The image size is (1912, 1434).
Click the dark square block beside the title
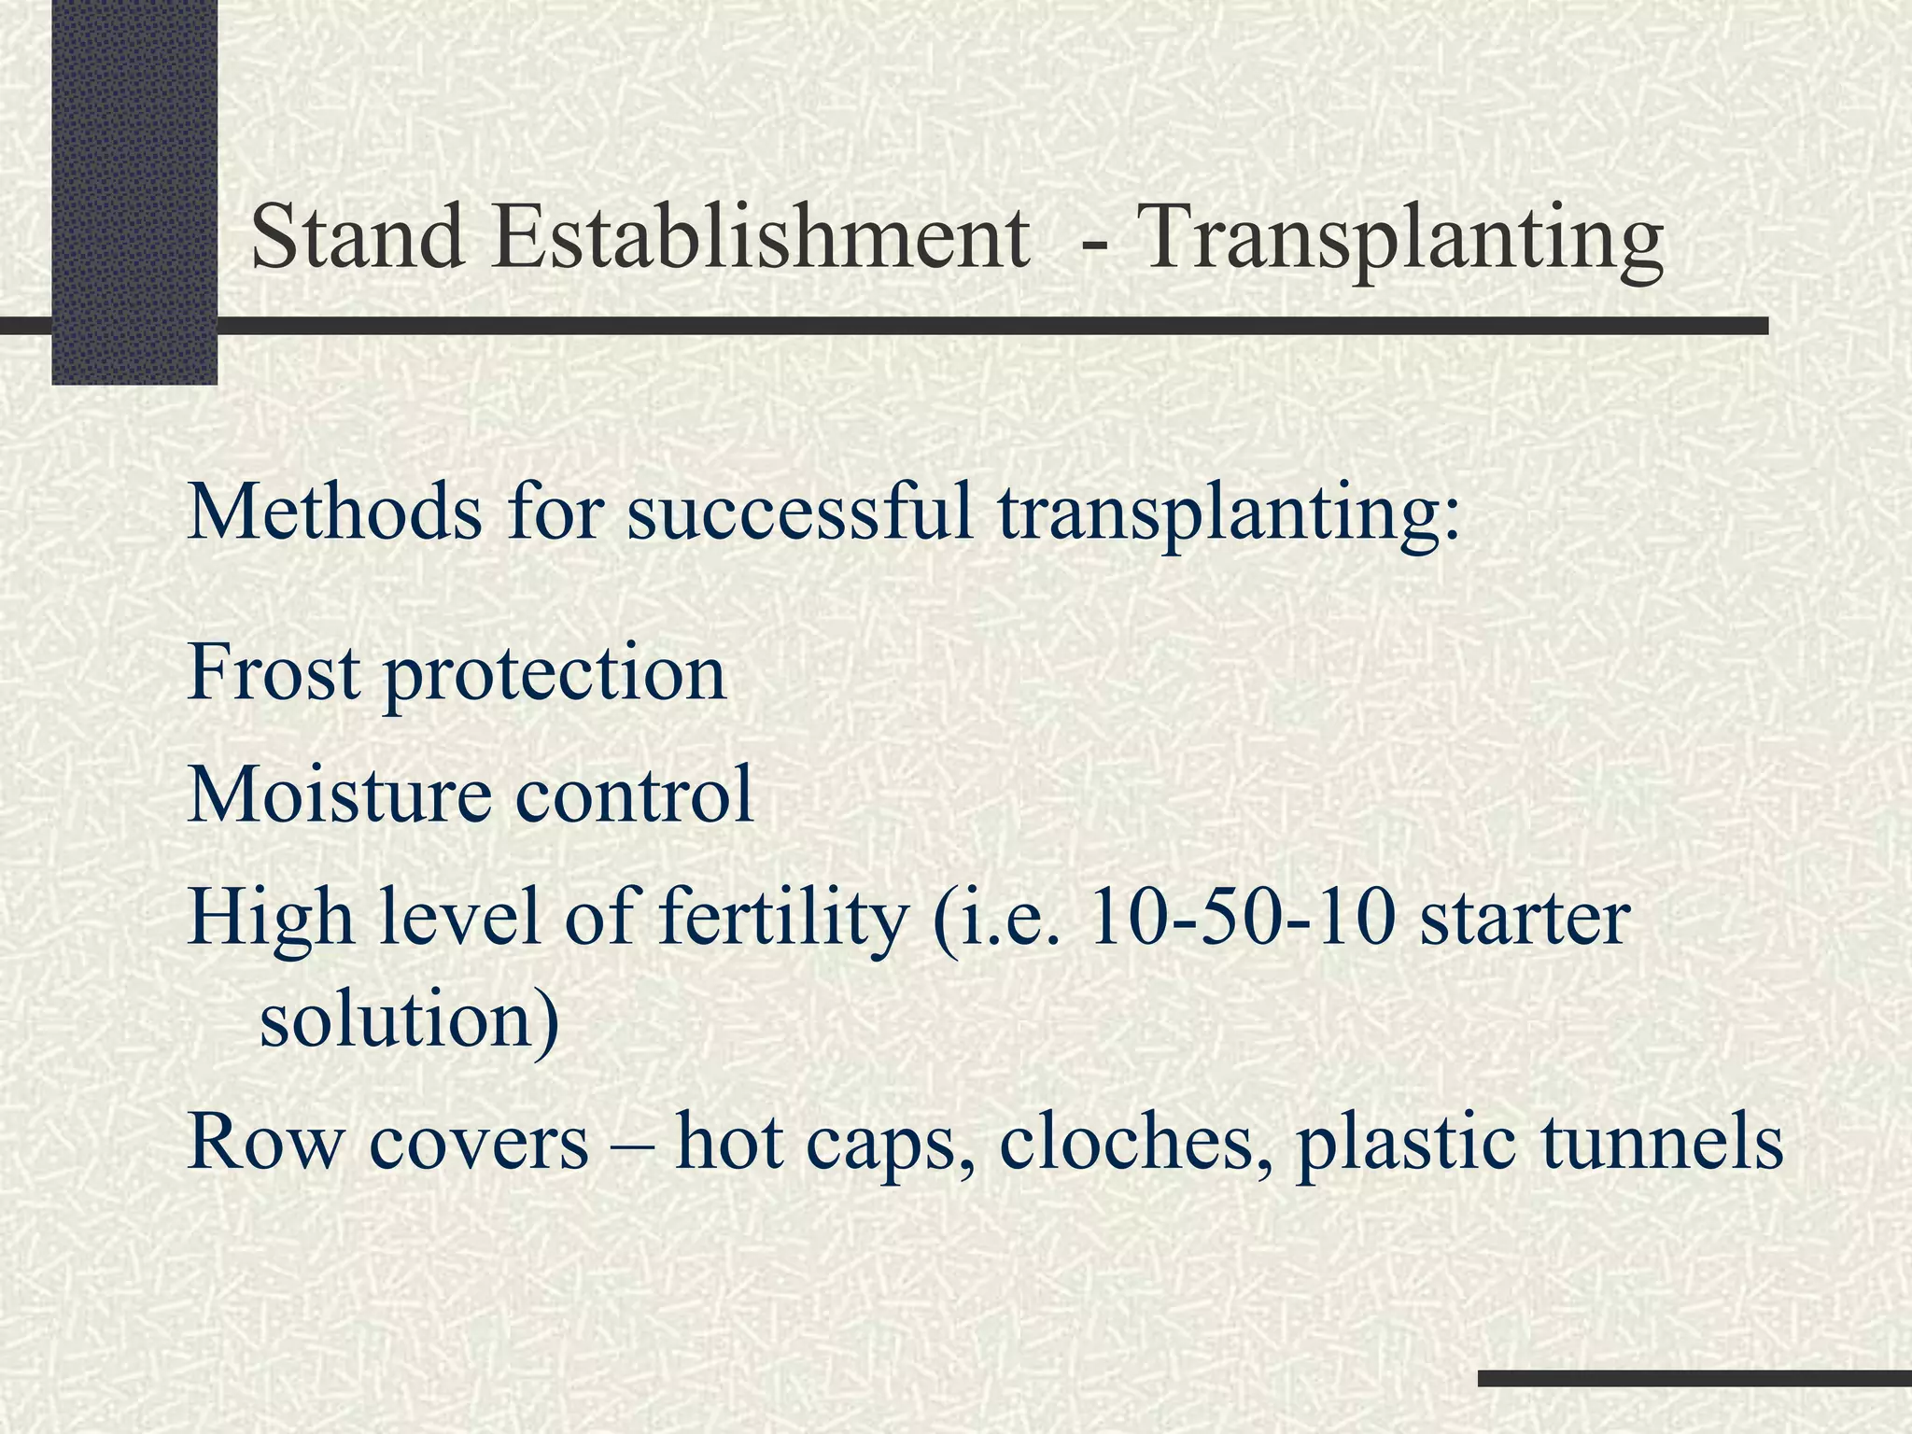tap(134, 191)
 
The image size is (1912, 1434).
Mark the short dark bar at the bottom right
tap(1694, 1378)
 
